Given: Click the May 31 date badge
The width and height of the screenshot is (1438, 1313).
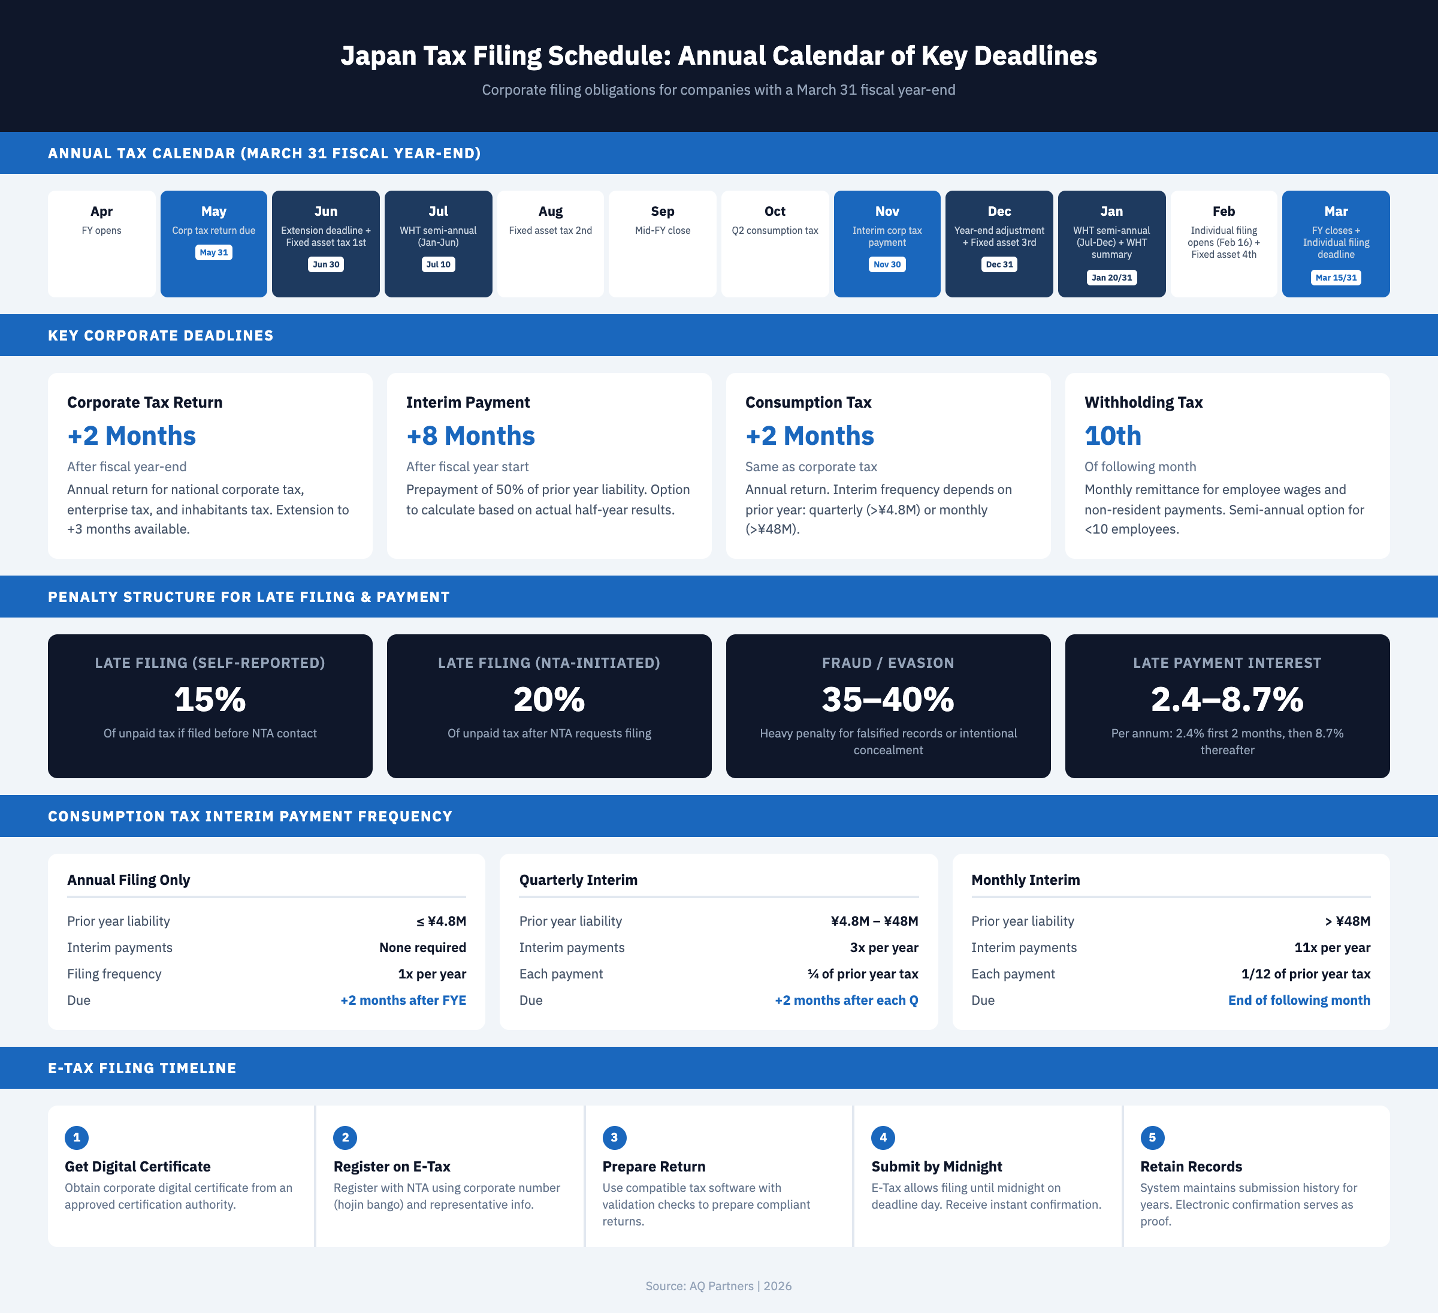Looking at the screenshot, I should click(x=213, y=252).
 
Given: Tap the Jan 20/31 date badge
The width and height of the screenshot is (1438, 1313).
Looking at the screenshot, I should click(x=1111, y=278).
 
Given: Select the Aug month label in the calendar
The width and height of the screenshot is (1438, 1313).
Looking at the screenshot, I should click(x=550, y=211).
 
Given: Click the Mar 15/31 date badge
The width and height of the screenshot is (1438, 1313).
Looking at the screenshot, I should click(x=1336, y=278).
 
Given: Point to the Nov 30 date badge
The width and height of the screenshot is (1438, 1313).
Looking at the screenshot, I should click(x=887, y=265).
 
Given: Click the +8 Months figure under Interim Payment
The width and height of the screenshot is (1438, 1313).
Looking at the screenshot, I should click(x=470, y=436).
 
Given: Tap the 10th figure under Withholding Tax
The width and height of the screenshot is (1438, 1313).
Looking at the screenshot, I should click(x=1112, y=436).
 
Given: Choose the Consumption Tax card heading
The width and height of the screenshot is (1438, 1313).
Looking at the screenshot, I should click(x=808, y=402).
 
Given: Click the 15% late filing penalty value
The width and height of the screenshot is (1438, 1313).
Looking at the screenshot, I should click(x=210, y=699).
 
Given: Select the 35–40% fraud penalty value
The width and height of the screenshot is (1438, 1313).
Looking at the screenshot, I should click(x=887, y=699).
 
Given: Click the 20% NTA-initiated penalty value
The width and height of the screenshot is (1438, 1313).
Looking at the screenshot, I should click(x=548, y=699).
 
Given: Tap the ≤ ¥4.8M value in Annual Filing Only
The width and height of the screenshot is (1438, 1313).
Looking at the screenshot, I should click(x=441, y=921).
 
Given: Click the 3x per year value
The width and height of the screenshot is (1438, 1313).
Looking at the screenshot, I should click(x=883, y=948).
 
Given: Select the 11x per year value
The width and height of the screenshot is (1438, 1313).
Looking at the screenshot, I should click(x=1332, y=948).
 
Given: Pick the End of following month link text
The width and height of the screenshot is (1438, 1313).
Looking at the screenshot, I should click(x=1298, y=1001).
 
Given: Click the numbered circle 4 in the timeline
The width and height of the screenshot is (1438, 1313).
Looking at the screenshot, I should click(x=883, y=1137).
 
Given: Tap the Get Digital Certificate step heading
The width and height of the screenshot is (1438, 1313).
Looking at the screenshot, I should click(x=138, y=1167).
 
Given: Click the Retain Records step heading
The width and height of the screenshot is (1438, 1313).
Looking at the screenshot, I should click(x=1191, y=1167).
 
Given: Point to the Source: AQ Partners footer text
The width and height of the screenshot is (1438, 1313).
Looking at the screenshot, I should click(x=718, y=1286).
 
